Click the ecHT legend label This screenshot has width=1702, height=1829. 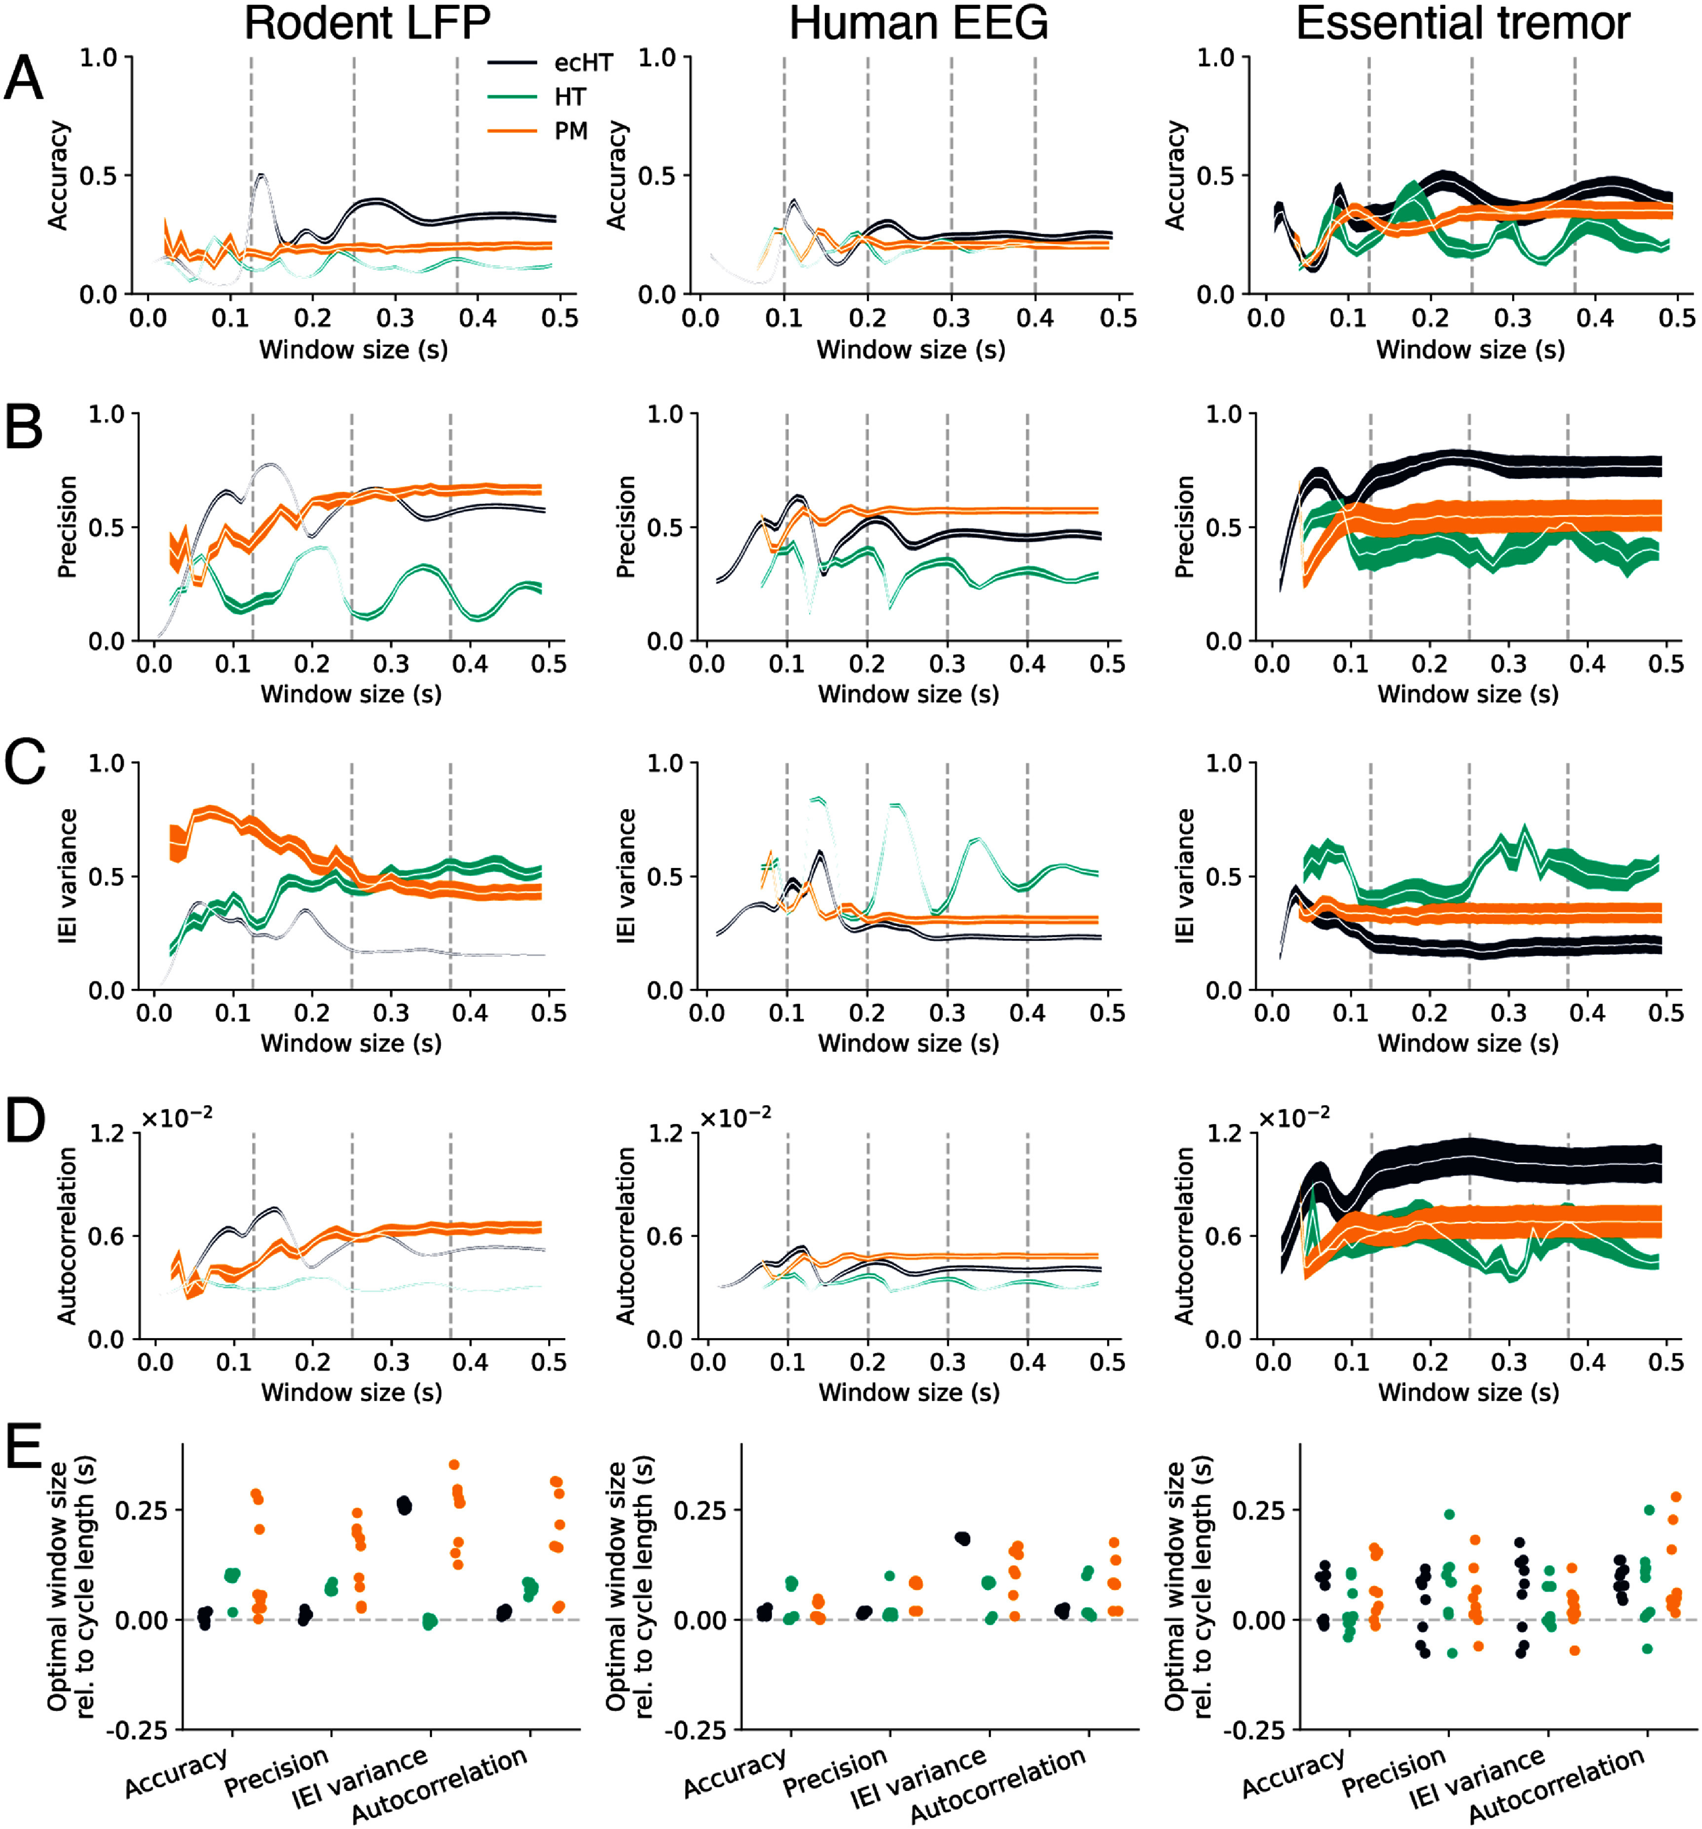coord(583,63)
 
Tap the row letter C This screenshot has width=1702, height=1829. coord(25,763)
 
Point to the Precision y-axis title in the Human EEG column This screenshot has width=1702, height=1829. coord(626,526)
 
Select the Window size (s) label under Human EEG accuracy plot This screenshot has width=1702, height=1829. coord(911,350)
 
